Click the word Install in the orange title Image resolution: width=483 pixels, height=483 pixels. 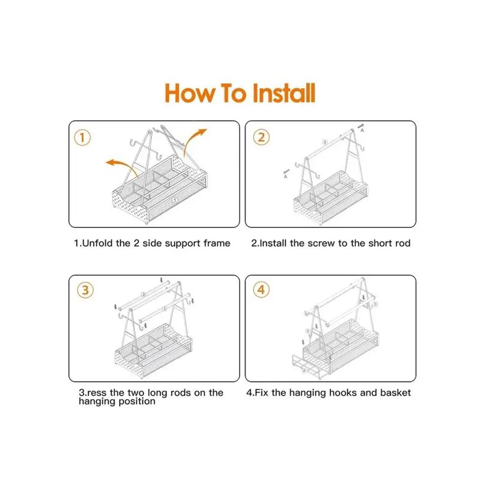tap(283, 93)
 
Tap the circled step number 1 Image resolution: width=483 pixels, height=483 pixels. tap(82, 137)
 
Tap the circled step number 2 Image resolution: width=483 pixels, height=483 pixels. tap(261, 137)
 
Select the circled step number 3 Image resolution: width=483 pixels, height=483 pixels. tap(85, 290)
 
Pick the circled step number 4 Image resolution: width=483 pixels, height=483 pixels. tap(261, 290)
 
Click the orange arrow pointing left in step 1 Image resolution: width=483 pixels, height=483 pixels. tap(122, 167)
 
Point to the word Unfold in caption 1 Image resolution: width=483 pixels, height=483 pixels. tap(97, 243)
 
